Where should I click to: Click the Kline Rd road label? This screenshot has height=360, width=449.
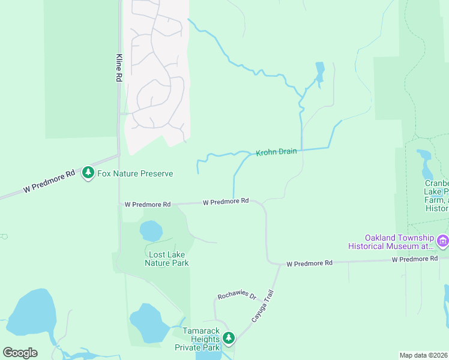(119, 67)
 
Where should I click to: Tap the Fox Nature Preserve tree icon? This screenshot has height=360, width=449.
(88, 173)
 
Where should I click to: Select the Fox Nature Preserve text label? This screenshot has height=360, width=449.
(135, 174)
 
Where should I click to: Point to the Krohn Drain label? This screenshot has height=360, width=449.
(276, 152)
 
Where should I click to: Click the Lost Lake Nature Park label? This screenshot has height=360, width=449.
(168, 259)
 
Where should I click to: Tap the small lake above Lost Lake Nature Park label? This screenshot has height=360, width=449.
(151, 230)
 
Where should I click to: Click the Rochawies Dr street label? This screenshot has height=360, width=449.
(237, 296)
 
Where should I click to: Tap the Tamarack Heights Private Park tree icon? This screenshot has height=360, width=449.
(228, 338)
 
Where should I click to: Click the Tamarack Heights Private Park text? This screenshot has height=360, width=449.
(196, 343)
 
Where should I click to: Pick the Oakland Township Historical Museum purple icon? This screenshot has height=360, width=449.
(443, 241)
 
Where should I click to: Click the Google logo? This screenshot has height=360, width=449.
(20, 353)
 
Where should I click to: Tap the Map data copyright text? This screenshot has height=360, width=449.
(423, 355)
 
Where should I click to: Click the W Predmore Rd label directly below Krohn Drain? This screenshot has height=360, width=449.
(226, 202)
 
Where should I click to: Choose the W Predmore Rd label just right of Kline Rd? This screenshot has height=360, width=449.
(148, 205)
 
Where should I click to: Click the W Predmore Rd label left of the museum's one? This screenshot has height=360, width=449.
(309, 263)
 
